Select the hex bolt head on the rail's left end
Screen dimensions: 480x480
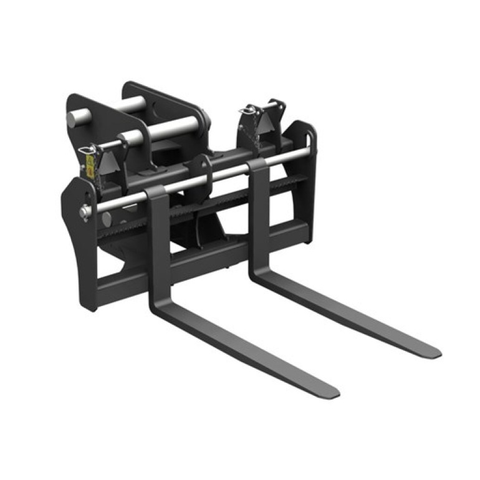(x=84, y=211)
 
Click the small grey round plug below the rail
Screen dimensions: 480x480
(x=107, y=219)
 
